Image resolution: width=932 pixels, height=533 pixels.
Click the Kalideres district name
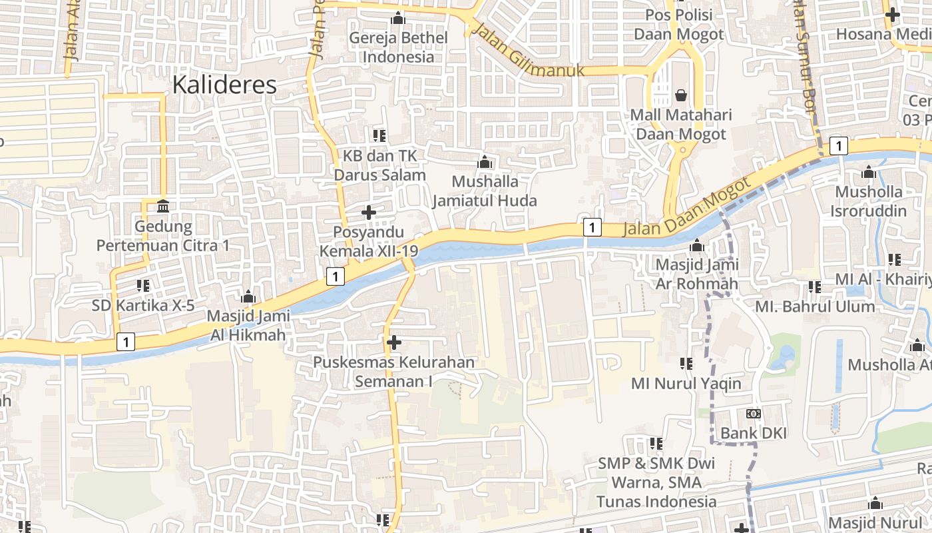(224, 85)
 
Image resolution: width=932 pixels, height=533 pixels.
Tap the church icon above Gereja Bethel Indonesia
(399, 18)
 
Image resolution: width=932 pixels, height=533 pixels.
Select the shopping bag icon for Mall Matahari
(680, 95)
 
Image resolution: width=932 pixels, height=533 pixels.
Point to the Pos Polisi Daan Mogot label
(678, 25)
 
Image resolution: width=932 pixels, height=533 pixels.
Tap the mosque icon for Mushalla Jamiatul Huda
(485, 162)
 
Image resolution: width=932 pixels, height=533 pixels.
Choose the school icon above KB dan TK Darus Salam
(379, 136)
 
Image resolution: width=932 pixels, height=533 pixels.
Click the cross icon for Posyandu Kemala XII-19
(368, 213)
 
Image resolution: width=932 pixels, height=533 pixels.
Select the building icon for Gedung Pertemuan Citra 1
(163, 206)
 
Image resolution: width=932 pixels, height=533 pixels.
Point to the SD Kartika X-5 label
(143, 306)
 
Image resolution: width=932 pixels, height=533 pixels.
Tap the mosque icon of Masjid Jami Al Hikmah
(248, 296)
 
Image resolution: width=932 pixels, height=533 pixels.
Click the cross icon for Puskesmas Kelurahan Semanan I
(394, 342)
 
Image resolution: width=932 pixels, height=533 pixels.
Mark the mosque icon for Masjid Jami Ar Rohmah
(697, 245)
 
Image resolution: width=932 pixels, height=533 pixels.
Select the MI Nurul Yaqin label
(686, 384)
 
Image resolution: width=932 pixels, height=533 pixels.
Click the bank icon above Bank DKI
(754, 414)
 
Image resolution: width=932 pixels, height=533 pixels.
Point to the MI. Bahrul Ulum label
(815, 306)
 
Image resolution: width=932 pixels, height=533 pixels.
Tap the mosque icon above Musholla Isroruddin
(868, 173)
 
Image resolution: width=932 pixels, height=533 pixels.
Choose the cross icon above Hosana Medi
(892, 14)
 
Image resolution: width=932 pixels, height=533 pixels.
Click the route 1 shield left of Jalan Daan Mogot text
(592, 227)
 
